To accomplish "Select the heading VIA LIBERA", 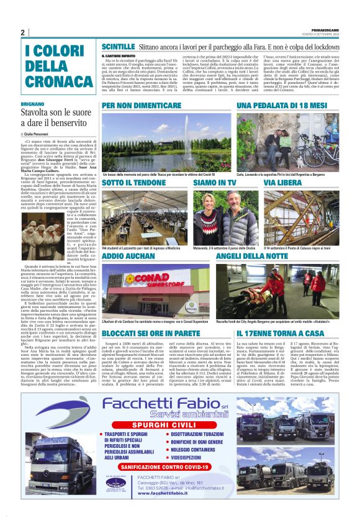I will [283, 184].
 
